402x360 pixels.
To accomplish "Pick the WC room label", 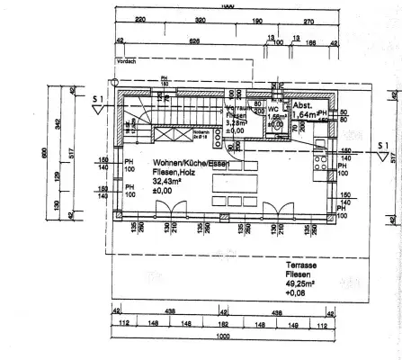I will click(271, 109).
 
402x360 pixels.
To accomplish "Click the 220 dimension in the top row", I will click(140, 18).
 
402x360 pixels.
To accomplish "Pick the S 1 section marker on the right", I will click(381, 144).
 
